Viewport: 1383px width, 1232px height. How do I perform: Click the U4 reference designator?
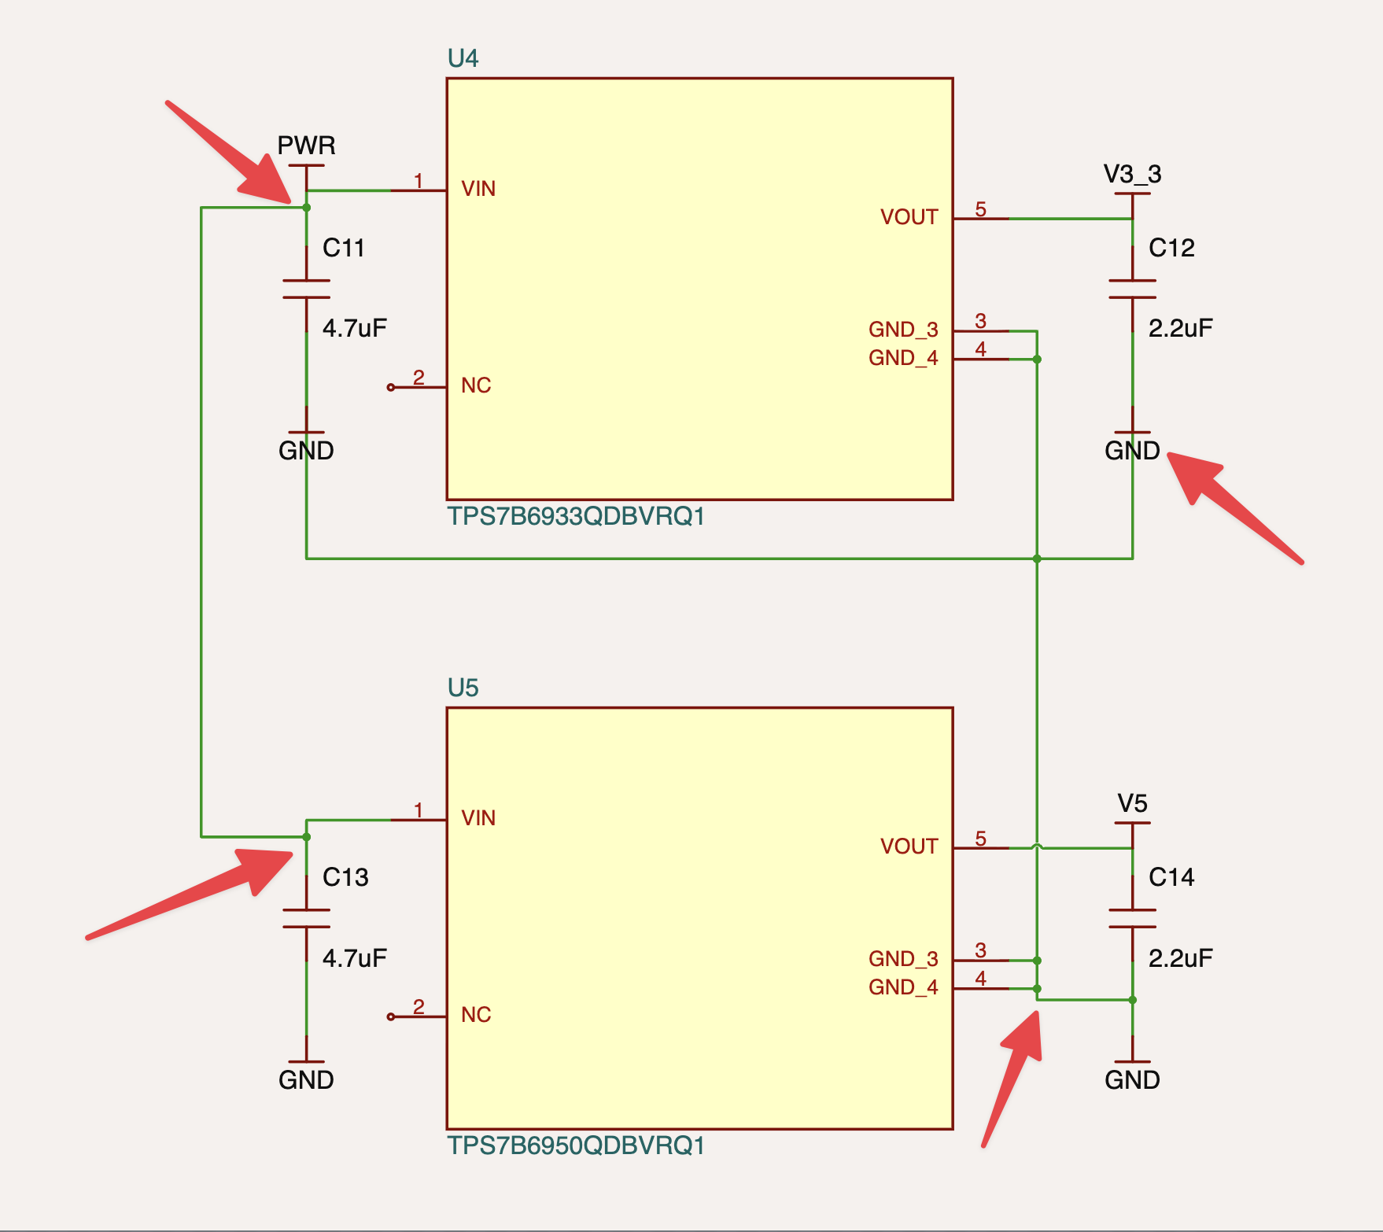point(463,58)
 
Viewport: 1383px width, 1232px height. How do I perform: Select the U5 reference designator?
point(463,688)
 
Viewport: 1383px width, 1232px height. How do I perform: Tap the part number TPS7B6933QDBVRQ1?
point(576,516)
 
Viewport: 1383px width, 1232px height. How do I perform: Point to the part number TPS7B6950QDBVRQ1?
point(576,1145)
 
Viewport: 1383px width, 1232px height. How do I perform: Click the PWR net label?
point(306,146)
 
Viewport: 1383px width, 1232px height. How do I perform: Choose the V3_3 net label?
point(1132,174)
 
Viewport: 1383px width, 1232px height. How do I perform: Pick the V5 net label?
point(1132,803)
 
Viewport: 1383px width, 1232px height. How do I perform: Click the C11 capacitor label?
point(344,248)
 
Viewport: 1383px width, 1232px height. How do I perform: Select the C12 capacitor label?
point(1171,248)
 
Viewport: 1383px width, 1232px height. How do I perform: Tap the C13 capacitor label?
point(345,877)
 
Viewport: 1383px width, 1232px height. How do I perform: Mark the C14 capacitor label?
point(1171,877)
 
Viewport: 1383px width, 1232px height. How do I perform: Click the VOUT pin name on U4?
point(909,217)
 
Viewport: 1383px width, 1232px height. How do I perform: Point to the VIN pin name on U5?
point(478,818)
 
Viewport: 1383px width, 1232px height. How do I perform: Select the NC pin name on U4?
point(476,385)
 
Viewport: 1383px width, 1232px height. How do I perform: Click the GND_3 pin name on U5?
point(903,959)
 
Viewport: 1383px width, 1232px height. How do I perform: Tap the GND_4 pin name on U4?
point(903,358)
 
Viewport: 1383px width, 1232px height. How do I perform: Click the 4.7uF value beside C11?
point(355,328)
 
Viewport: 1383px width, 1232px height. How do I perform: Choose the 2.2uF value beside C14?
point(1181,957)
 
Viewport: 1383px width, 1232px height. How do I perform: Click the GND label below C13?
point(306,1080)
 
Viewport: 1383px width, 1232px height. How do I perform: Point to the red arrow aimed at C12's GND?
point(1235,507)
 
